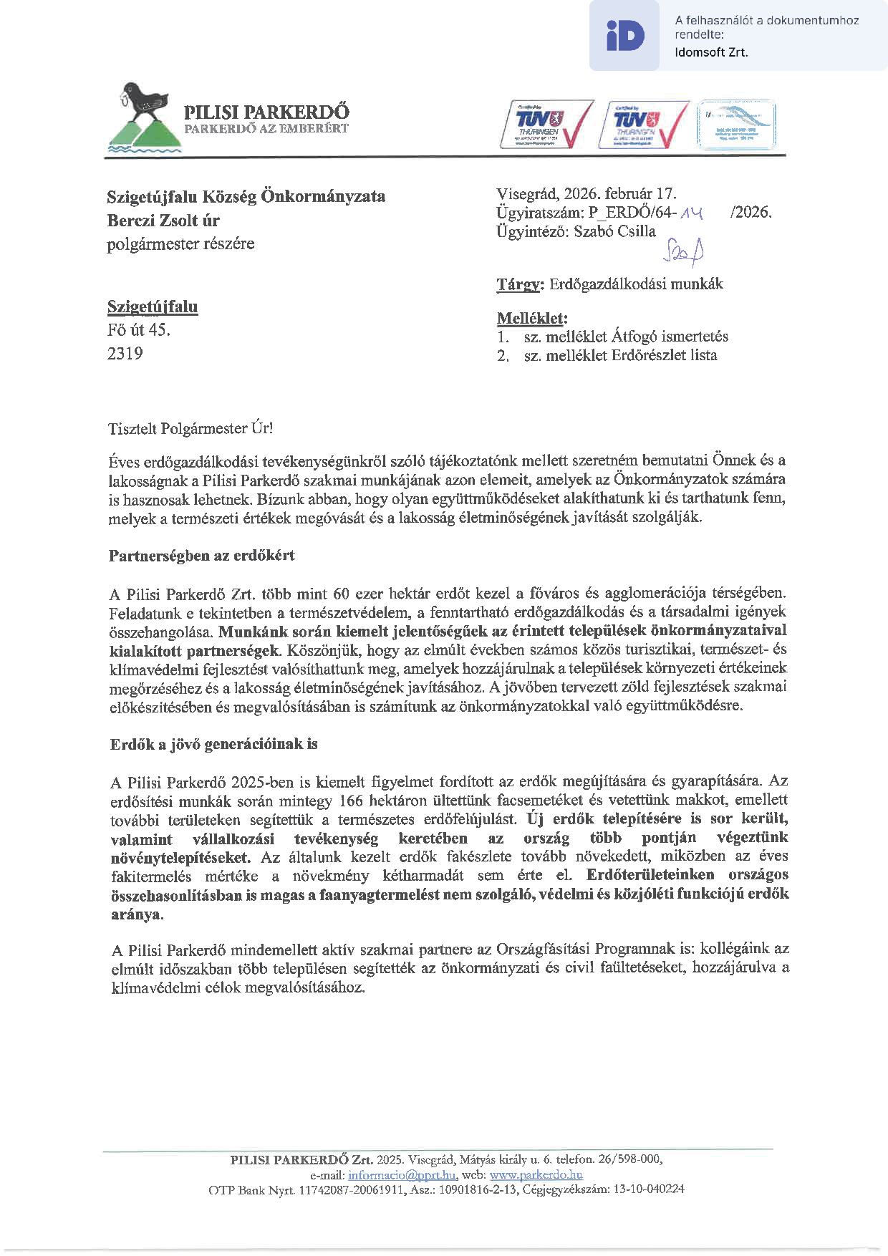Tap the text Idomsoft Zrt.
[711, 52]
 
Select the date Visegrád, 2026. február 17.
[586, 193]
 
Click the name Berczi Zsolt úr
[163, 220]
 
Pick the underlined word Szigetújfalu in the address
[153, 307]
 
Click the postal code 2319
[125, 353]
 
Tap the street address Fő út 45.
[139, 330]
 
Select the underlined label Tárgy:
[521, 284]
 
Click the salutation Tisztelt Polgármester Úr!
[190, 428]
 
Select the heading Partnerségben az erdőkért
[202, 555]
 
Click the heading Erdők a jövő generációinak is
[213, 743]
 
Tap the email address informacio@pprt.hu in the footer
[402, 1175]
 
